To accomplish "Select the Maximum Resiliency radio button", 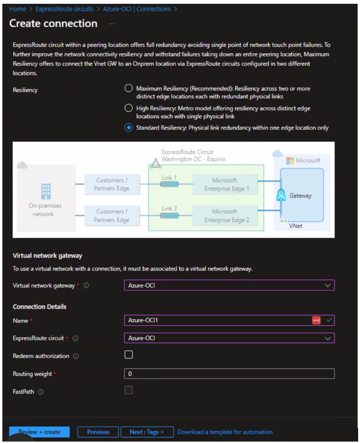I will [x=128, y=88].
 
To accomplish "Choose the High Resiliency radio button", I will [x=128, y=108].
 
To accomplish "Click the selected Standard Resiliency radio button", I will [x=128, y=127].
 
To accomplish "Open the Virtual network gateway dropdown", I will [x=229, y=285].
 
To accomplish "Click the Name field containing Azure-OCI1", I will [x=218, y=320].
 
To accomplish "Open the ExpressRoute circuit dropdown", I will [x=229, y=338].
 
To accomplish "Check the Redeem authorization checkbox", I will [x=129, y=355].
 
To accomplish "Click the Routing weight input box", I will [x=229, y=374].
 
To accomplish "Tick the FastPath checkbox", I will [x=129, y=390].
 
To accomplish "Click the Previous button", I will [x=98, y=432].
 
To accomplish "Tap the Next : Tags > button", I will [x=147, y=432].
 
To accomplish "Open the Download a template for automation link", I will [x=225, y=432].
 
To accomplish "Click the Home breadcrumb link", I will [x=18, y=9].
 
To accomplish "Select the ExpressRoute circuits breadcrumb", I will [x=65, y=9].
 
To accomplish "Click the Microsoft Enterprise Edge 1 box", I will [x=224, y=184].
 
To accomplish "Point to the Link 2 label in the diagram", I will [x=169, y=208].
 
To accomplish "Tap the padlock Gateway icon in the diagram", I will [x=281, y=195].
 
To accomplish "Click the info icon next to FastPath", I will [x=41, y=392].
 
